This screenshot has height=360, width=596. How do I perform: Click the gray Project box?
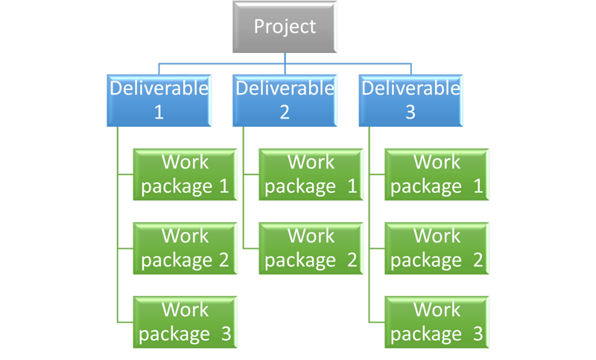pyautogui.click(x=285, y=27)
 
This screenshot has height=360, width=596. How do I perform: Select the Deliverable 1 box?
pyautogui.click(x=159, y=101)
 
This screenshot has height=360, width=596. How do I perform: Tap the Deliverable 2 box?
pyautogui.click(x=285, y=101)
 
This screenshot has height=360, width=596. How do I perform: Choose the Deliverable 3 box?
pyautogui.click(x=411, y=101)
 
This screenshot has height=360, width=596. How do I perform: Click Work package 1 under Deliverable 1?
pyautogui.click(x=185, y=174)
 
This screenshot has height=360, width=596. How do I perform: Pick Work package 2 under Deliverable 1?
pyautogui.click(x=185, y=248)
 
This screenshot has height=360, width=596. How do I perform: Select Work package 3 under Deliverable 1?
pyautogui.click(x=185, y=321)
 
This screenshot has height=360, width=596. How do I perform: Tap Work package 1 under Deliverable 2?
pyautogui.click(x=311, y=174)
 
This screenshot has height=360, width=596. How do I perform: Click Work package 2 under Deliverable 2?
pyautogui.click(x=311, y=248)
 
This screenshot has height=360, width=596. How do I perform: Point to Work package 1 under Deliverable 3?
pyautogui.click(x=437, y=174)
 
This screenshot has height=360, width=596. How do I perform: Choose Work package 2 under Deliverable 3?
pyautogui.click(x=437, y=248)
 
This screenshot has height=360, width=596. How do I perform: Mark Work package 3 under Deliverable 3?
pyautogui.click(x=437, y=321)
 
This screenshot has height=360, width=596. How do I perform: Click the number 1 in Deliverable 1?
pyautogui.click(x=159, y=112)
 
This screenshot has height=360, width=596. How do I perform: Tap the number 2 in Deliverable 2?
pyautogui.click(x=285, y=112)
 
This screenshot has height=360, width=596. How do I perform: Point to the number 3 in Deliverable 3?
pyautogui.click(x=410, y=112)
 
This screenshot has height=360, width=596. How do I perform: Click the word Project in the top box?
pyautogui.click(x=285, y=27)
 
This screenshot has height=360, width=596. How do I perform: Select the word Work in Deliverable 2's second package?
pyautogui.click(x=311, y=236)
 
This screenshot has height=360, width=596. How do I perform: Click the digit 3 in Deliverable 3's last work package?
pyautogui.click(x=478, y=334)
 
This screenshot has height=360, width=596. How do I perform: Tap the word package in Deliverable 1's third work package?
pyautogui.click(x=174, y=335)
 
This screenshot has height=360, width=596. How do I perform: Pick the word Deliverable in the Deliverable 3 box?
pyautogui.click(x=411, y=88)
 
